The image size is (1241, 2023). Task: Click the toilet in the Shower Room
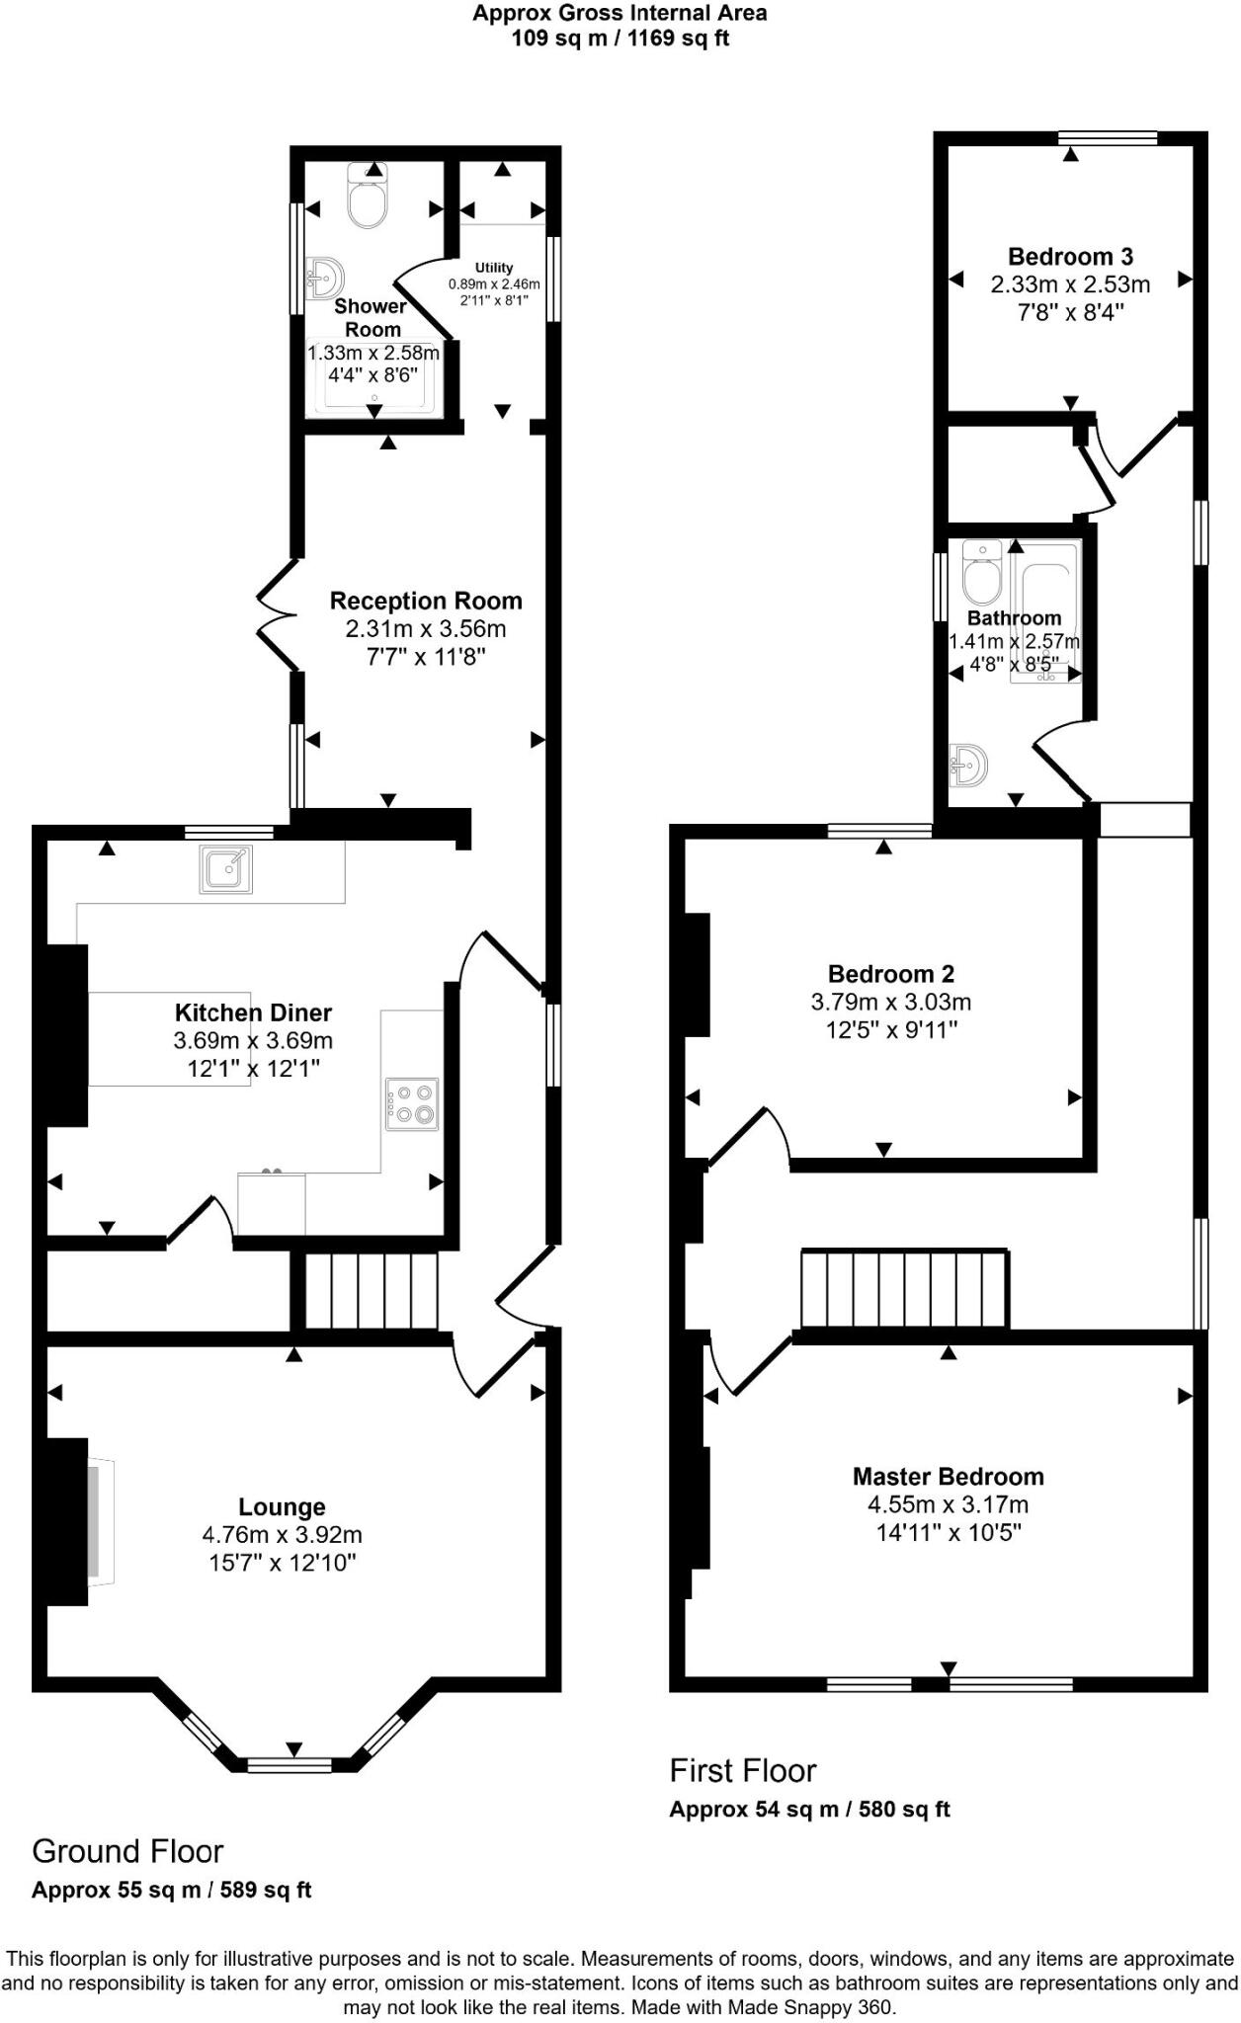(369, 199)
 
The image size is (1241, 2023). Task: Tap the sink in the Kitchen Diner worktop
(225, 869)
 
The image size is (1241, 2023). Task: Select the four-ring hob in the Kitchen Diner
(412, 1103)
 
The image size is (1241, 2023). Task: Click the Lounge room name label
(282, 1506)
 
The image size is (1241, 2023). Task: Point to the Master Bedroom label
(948, 1476)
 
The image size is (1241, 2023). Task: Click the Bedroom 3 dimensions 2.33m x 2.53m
(1070, 284)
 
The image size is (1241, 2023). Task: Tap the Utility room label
(494, 268)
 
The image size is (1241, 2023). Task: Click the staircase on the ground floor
(371, 1291)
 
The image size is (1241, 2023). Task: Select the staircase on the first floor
(904, 1289)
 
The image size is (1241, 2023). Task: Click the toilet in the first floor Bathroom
(981, 575)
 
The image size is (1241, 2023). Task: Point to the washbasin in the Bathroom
(968, 765)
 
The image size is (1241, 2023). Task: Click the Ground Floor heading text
(127, 1850)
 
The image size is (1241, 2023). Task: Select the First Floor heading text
(743, 1770)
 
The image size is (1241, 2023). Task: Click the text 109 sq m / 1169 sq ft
(620, 39)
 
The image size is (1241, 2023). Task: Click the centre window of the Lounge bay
(290, 1764)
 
